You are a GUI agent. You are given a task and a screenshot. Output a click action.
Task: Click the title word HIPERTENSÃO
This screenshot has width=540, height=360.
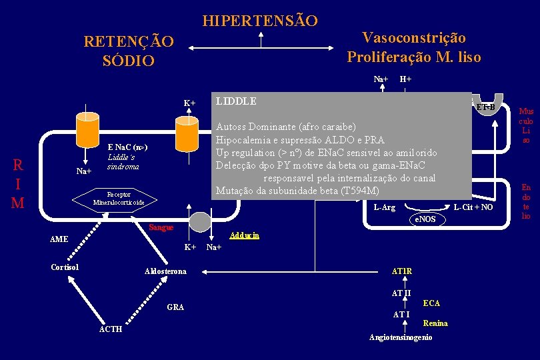(x=260, y=21)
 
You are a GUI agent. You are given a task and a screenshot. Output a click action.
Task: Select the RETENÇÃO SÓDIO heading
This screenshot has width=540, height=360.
(x=129, y=51)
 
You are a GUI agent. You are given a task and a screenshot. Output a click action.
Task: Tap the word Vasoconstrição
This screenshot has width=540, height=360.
(x=413, y=38)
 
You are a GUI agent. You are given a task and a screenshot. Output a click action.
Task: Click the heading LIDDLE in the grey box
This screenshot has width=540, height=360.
(x=235, y=102)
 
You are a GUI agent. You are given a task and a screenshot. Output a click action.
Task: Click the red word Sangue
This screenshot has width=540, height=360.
(x=161, y=227)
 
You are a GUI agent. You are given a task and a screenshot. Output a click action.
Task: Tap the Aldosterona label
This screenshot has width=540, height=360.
(x=166, y=271)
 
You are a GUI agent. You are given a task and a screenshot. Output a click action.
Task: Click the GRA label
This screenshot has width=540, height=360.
(x=176, y=307)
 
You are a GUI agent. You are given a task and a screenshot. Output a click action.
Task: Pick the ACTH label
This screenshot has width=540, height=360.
(x=110, y=329)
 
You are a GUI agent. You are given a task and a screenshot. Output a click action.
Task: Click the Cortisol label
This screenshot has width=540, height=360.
(x=65, y=267)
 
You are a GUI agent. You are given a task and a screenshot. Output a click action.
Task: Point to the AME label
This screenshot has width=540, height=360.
(x=59, y=239)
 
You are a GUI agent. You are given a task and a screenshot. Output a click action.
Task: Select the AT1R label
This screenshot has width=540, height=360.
(x=401, y=271)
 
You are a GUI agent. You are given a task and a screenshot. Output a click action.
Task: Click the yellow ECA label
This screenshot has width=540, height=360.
(x=431, y=303)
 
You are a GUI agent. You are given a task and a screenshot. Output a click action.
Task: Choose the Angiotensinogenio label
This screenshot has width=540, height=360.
(x=400, y=337)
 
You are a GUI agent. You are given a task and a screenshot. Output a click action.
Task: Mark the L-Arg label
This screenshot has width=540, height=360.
(x=384, y=207)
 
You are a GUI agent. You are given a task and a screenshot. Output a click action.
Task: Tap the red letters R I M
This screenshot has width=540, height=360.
(x=19, y=183)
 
